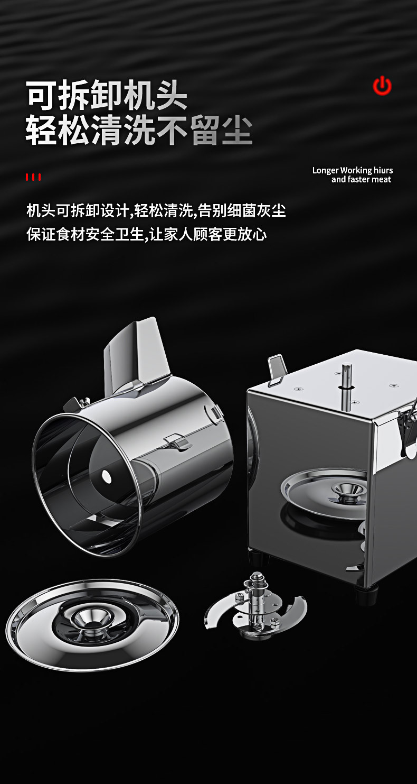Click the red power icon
point(382,86)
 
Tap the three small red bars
point(33,177)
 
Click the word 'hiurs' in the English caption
point(383,170)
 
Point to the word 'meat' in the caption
point(381,180)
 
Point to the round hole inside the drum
point(107,476)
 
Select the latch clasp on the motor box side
point(407,428)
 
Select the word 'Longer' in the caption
point(326,170)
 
